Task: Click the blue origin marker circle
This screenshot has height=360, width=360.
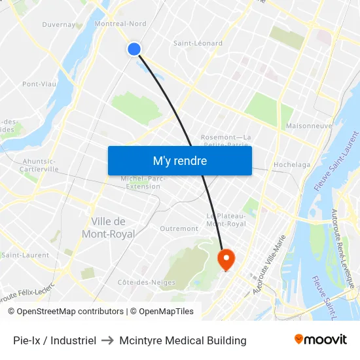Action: point(134,49)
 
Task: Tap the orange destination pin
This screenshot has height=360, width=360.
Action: point(226,259)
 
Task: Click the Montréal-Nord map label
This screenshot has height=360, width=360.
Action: point(120,24)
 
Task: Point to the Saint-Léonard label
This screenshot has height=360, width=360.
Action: point(198,43)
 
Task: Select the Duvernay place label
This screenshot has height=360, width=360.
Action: point(60,24)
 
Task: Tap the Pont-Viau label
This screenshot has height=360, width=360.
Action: point(39,84)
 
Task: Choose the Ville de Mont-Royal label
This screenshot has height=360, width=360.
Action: point(109,228)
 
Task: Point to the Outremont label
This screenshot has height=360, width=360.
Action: point(179,228)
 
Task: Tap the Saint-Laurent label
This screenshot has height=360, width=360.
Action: point(25,255)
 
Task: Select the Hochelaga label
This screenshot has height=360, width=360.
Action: point(292,165)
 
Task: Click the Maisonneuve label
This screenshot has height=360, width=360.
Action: point(310,125)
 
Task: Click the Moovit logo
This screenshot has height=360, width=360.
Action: point(320,339)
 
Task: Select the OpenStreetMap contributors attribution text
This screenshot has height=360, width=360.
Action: point(65,312)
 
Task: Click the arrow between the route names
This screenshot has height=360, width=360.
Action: point(109,340)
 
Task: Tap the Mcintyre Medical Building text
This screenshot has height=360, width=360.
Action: point(183,340)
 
